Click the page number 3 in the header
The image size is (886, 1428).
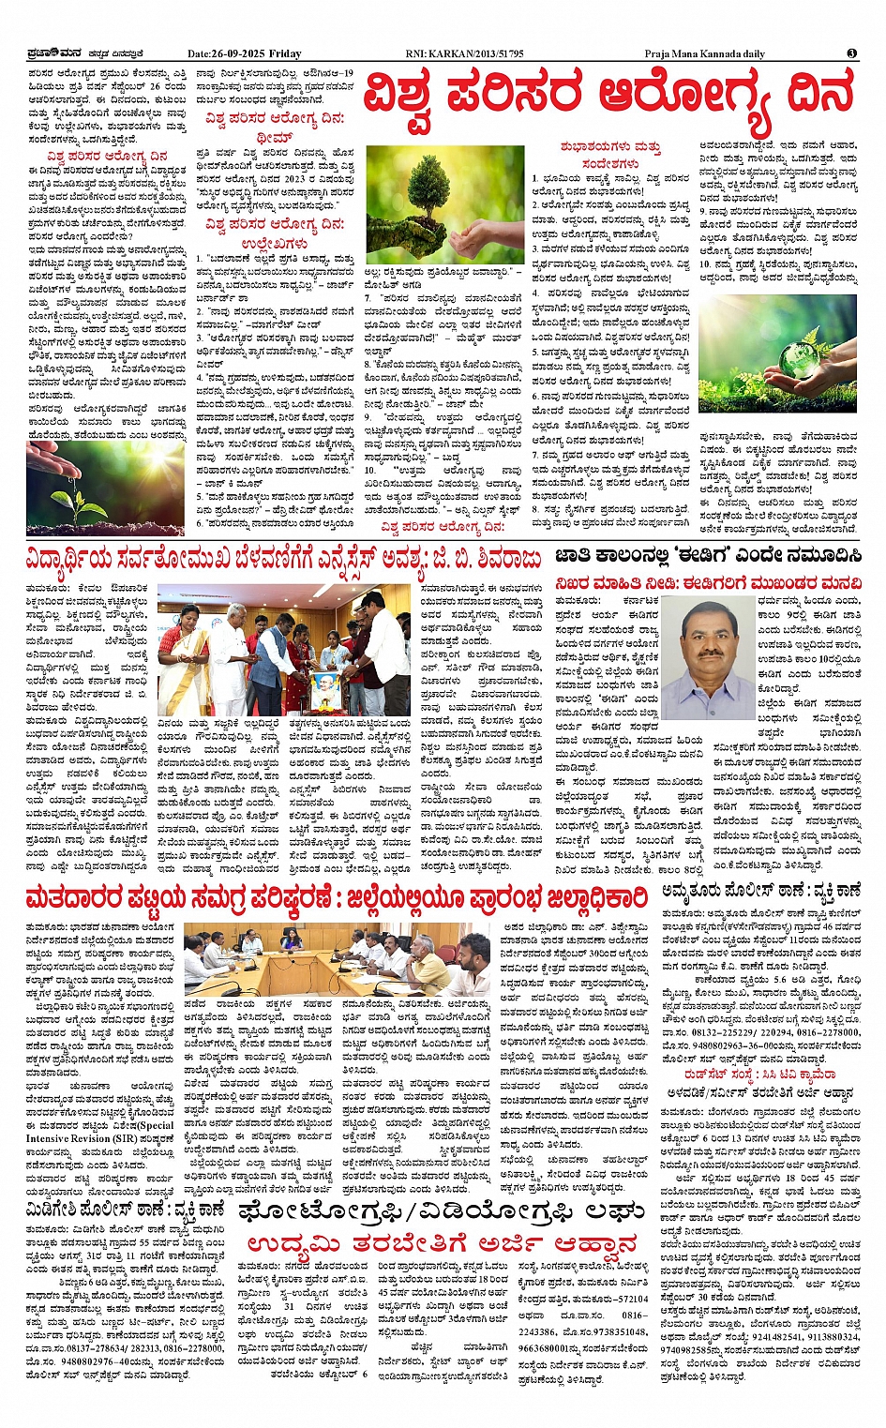pos(851,53)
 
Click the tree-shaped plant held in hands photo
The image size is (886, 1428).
pos(444,203)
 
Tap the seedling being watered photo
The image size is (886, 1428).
pos(105,488)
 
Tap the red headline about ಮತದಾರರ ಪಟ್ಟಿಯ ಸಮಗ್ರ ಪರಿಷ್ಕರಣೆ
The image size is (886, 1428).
pos(336,897)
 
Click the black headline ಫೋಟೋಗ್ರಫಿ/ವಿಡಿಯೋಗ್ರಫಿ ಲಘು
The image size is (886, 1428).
pos(441,1213)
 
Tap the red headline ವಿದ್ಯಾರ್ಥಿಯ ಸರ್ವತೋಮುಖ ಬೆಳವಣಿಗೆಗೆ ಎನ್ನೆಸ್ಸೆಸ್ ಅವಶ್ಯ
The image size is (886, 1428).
pos(283,560)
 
